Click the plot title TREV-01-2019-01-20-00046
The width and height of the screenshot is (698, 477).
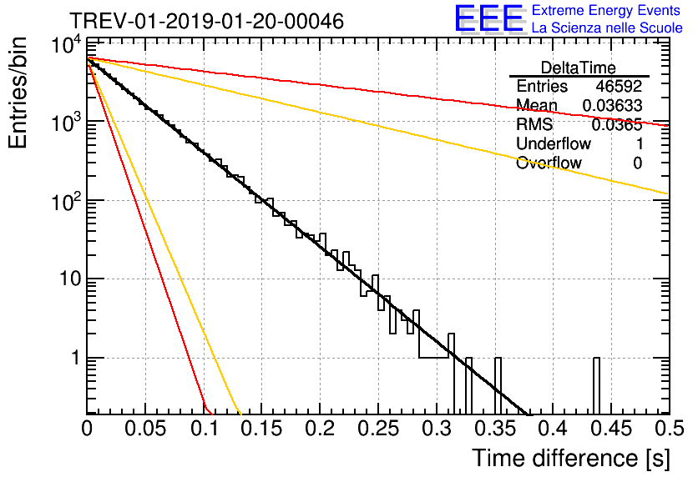[206, 22]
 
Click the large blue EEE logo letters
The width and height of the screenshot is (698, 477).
[488, 20]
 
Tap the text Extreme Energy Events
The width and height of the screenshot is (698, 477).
[607, 11]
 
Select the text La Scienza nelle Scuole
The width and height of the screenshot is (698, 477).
[607, 28]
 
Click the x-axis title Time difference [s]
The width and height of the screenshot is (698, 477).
[569, 458]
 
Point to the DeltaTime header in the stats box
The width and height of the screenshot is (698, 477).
[579, 68]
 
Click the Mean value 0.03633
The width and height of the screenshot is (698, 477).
[612, 106]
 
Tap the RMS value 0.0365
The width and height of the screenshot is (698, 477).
[617, 125]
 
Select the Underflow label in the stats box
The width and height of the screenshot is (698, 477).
[554, 144]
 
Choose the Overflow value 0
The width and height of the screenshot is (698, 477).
[637, 163]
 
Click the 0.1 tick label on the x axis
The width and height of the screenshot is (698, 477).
[204, 430]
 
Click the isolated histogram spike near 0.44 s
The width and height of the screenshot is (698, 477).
[597, 384]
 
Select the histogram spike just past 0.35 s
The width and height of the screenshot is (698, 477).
[498, 384]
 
